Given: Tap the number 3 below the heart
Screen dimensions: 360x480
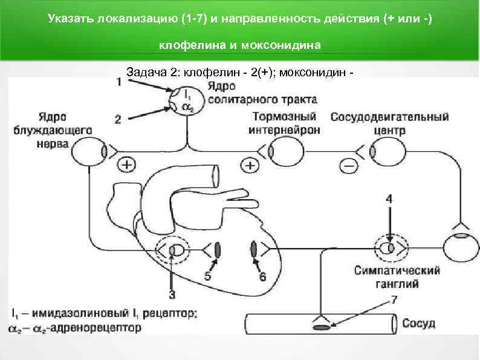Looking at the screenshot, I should tap(172, 295).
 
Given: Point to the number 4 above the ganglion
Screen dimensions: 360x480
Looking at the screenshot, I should tap(389, 198).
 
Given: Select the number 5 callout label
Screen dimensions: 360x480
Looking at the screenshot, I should tap(207, 276).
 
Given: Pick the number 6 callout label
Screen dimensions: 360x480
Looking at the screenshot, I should tap(262, 277).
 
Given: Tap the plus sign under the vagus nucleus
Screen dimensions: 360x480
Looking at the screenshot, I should tap(127, 165).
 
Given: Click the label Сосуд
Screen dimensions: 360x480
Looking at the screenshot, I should tap(418, 323).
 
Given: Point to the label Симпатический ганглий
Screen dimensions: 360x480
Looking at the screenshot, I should tap(397, 277).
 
